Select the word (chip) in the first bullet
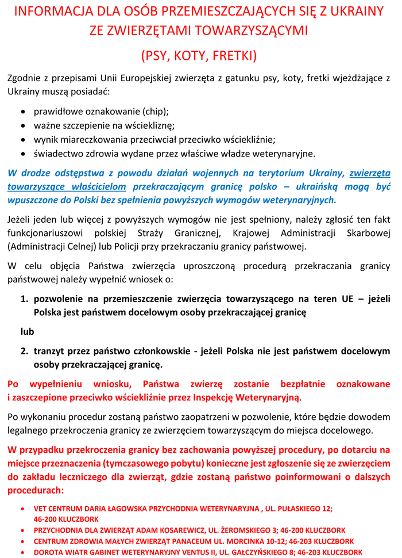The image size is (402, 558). [x=155, y=111]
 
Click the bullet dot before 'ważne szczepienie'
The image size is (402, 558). [x=22, y=125]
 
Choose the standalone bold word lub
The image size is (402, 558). [x=27, y=331]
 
